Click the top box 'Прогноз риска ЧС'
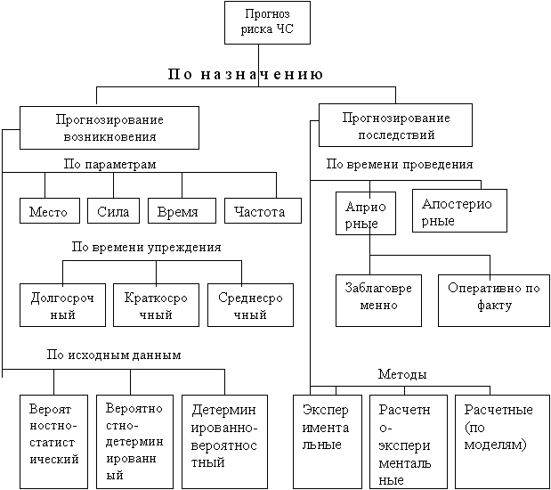click(x=268, y=24)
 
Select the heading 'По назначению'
click(x=245, y=74)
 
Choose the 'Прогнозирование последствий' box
click(x=385, y=126)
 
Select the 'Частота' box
click(x=260, y=211)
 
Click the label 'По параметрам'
click(x=110, y=165)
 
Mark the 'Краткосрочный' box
click(x=157, y=305)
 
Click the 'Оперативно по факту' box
click(x=493, y=298)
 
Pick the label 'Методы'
click(x=401, y=374)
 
